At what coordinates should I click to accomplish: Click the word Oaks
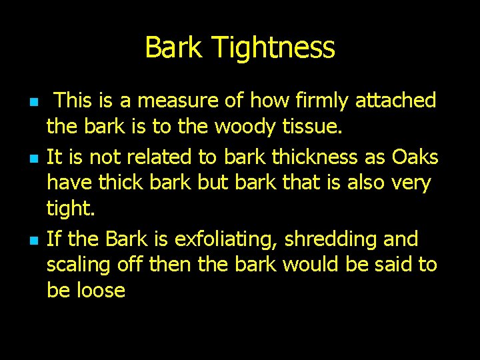pyautogui.click(x=415, y=157)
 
